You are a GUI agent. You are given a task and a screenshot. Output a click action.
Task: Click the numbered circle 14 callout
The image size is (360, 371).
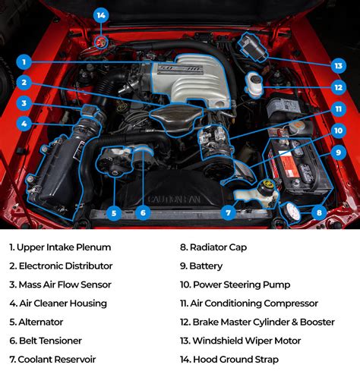[101, 15]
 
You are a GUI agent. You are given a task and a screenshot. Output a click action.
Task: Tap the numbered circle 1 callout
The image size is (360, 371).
[24, 62]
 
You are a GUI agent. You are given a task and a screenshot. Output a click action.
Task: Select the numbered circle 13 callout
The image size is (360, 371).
[338, 66]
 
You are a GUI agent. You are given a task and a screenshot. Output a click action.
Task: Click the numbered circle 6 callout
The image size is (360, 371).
[114, 213]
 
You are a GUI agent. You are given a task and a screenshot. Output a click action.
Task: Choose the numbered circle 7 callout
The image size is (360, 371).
[143, 213]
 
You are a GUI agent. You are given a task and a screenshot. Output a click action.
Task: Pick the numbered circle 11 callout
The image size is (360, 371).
[338, 109]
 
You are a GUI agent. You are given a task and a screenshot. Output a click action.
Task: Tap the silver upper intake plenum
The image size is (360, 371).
[190, 80]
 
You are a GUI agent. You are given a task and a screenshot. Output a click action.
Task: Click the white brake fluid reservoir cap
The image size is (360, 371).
[254, 81]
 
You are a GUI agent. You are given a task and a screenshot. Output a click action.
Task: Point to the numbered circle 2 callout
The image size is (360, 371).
[24, 83]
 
